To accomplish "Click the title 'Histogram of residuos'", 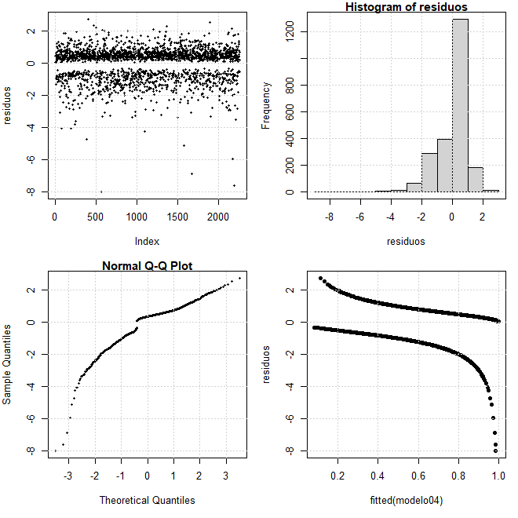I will (407, 8).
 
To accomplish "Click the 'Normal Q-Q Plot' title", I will (148, 266).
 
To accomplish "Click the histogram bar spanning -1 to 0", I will (444, 166).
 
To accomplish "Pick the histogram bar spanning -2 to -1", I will (429, 173).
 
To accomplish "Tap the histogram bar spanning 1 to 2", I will (476, 180).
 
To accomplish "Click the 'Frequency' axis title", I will (267, 106).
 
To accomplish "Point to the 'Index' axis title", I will (148, 241).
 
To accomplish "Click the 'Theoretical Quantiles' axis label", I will (148, 500).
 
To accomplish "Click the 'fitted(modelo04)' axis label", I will (407, 500).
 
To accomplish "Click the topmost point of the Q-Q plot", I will (239, 278).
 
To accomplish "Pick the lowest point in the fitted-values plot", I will (496, 451).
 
